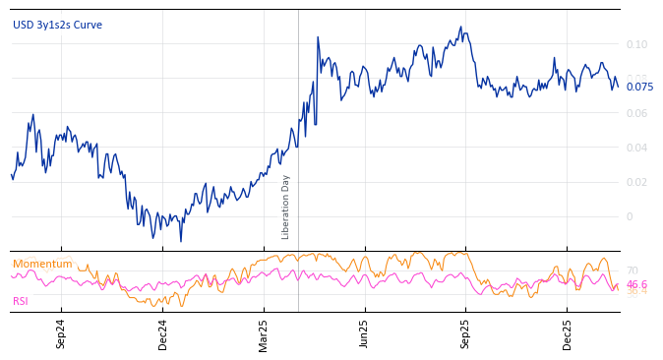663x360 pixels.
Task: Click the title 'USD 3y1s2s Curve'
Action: coord(57,26)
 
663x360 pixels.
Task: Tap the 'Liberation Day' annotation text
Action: coord(286,207)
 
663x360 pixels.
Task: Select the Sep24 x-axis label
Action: coord(61,333)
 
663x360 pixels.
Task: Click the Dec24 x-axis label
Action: coord(163,333)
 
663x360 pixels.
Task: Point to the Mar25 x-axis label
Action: coord(264,333)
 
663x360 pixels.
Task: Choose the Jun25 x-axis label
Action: coord(365,333)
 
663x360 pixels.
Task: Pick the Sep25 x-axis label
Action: coord(465,333)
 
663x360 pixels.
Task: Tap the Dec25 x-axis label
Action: coord(568,333)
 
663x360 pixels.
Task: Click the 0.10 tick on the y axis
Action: coord(636,44)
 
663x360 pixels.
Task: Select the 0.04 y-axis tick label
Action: coord(636,148)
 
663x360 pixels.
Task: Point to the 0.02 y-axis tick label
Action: coord(636,182)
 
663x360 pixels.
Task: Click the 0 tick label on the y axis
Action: coord(630,216)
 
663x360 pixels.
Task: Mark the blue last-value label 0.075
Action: coord(639,87)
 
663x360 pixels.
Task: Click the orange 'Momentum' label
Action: coord(42,265)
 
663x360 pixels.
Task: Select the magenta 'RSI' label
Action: coord(21,301)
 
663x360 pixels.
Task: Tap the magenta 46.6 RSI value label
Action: coord(637,284)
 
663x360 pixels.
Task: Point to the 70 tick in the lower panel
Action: coord(633,270)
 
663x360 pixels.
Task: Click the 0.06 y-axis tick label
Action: coord(636,113)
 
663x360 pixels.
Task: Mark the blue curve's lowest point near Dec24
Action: coord(180,241)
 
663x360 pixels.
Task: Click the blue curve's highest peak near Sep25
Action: coord(460,28)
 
